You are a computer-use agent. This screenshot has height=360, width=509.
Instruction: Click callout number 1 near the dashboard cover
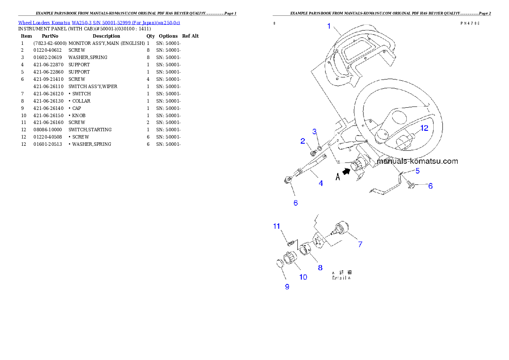329,26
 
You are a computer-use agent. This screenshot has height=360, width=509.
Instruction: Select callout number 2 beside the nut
303,141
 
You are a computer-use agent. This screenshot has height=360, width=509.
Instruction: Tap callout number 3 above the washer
314,132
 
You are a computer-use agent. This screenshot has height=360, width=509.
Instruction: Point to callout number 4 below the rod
320,183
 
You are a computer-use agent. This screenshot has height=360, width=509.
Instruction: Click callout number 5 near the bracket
417,171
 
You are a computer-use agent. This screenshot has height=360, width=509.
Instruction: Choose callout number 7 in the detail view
360,245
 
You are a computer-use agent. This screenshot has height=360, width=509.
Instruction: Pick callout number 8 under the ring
320,268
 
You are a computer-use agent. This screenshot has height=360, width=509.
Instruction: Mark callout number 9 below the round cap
287,286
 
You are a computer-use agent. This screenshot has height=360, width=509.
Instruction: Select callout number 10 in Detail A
303,277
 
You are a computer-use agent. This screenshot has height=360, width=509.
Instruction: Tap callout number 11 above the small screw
277,226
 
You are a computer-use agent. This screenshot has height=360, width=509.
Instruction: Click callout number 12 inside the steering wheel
423,128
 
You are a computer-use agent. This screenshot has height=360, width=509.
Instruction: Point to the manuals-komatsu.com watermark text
417,161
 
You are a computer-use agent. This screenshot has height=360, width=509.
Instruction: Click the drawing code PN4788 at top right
470,24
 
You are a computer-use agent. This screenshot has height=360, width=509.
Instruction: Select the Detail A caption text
342,275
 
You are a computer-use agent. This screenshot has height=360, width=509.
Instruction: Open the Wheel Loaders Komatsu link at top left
99,23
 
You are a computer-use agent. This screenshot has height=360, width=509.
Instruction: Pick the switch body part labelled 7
341,227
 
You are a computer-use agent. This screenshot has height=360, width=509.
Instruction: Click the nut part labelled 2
313,152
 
